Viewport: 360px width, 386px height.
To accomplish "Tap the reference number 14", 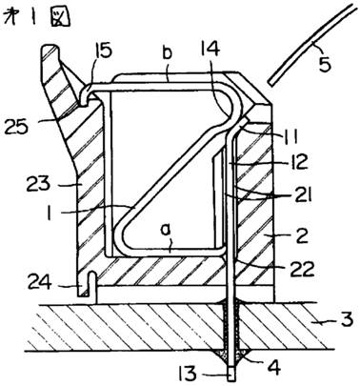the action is tap(209, 49).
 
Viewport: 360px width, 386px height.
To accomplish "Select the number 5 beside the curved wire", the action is tap(324, 63).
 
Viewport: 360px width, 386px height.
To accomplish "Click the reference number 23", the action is tap(38, 184).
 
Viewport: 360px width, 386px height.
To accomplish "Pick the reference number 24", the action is tap(40, 282).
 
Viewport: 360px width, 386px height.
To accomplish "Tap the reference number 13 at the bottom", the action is tap(190, 374).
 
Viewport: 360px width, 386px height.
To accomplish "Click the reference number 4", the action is tap(274, 368).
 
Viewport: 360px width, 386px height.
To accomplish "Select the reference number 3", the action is tap(345, 320).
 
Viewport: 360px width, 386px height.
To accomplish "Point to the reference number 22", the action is tap(303, 269).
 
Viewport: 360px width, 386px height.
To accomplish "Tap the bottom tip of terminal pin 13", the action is tap(232, 379).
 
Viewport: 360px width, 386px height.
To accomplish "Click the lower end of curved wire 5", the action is tap(270, 83).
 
